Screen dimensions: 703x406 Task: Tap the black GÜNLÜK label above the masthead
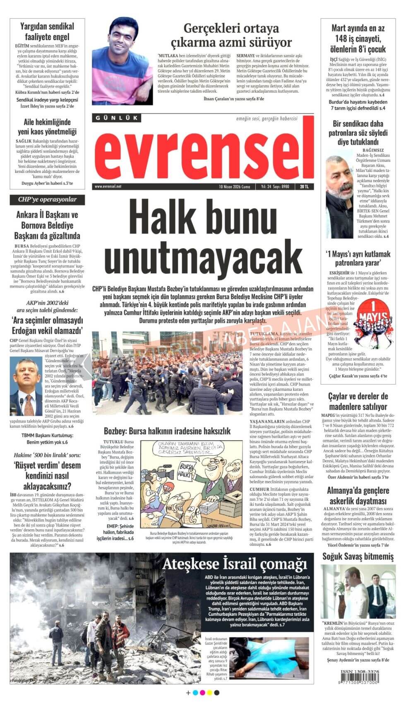pyautogui.click(x=117, y=118)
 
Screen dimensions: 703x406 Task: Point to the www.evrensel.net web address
pyautogui.click(x=108, y=187)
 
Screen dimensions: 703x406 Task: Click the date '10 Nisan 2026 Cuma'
pyautogui.click(x=234, y=187)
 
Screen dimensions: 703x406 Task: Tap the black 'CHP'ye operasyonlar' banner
pyautogui.click(x=47, y=200)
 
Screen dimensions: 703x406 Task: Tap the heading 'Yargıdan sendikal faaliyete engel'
pyautogui.click(x=47, y=31)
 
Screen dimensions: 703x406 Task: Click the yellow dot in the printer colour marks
pyautogui.click(x=209, y=693)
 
